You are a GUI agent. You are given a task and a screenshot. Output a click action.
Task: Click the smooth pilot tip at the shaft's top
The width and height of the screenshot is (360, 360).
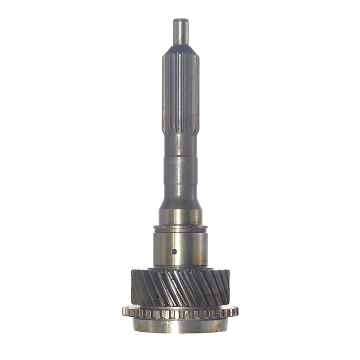pyautogui.click(x=180, y=32)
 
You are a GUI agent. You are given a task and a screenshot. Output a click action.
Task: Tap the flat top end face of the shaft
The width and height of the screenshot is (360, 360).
pyautogui.click(x=180, y=19)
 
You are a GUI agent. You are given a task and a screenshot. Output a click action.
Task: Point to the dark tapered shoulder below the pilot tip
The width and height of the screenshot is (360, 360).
pyautogui.click(x=180, y=49)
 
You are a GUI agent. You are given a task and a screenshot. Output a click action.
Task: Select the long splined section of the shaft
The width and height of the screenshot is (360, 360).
pyautogui.click(x=180, y=90)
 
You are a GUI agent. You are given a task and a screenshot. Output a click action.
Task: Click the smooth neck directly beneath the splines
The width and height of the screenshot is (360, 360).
pyautogui.click(x=180, y=144)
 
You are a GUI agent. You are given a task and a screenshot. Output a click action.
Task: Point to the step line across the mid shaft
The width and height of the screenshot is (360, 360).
pyautogui.click(x=180, y=156)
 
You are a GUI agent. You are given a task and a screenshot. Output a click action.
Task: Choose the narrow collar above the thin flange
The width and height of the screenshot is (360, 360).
pyautogui.click(x=180, y=218)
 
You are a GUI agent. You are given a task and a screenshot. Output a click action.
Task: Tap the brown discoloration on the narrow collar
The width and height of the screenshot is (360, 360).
pyautogui.click(x=197, y=220)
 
